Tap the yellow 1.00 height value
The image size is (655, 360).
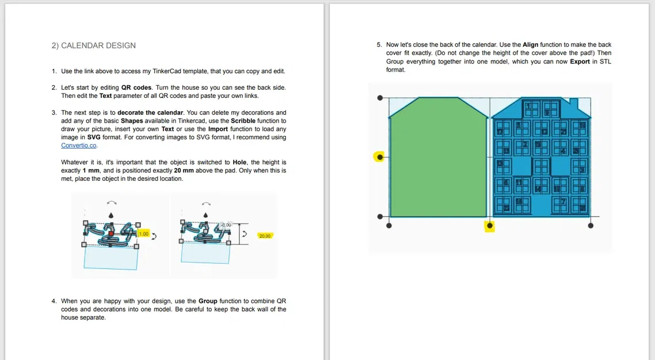(x=143, y=234)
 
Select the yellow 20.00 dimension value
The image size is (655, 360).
(x=265, y=236)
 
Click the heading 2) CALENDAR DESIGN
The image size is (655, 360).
(x=94, y=46)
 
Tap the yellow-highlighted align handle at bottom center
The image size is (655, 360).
(x=490, y=226)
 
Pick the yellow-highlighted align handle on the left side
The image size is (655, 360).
(x=379, y=156)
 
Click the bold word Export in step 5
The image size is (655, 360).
(x=580, y=62)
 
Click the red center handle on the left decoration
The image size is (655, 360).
(x=111, y=233)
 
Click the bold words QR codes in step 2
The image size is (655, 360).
(x=136, y=88)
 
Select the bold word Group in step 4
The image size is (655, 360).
(x=208, y=301)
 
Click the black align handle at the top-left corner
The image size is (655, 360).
(x=380, y=98)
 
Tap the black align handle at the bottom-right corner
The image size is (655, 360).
(x=591, y=226)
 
